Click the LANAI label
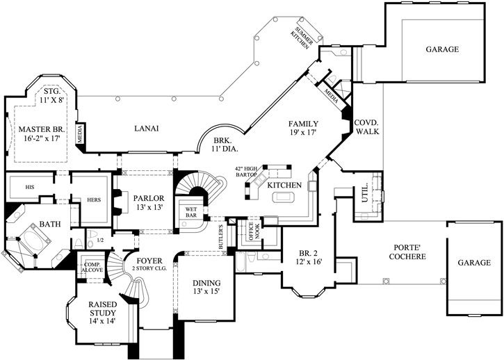click(x=147, y=128)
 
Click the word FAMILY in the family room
click(x=303, y=123)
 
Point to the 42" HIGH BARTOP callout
click(x=247, y=173)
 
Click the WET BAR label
click(x=190, y=211)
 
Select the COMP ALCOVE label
click(x=92, y=268)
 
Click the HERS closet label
click(x=94, y=199)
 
